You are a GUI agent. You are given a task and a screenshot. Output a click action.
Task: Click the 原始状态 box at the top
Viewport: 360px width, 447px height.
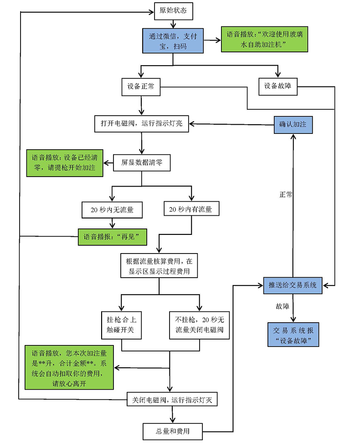(x=174, y=11)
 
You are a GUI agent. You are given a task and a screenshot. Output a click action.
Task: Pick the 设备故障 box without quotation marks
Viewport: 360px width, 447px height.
(x=278, y=86)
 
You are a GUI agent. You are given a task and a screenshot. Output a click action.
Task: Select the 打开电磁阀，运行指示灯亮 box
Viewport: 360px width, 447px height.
(x=141, y=123)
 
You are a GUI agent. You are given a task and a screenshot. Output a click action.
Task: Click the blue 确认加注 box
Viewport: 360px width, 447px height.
(x=293, y=124)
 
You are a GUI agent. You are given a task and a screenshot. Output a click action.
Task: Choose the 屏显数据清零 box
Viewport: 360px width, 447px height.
(x=141, y=162)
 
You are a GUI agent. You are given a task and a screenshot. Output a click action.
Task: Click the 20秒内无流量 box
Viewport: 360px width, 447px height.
(x=111, y=210)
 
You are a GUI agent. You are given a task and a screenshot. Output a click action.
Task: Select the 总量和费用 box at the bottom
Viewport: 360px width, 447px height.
(x=172, y=431)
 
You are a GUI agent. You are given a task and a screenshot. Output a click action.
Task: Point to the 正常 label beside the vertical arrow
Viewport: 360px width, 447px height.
(x=286, y=194)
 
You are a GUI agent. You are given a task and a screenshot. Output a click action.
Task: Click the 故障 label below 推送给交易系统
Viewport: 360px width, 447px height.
(x=283, y=306)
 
